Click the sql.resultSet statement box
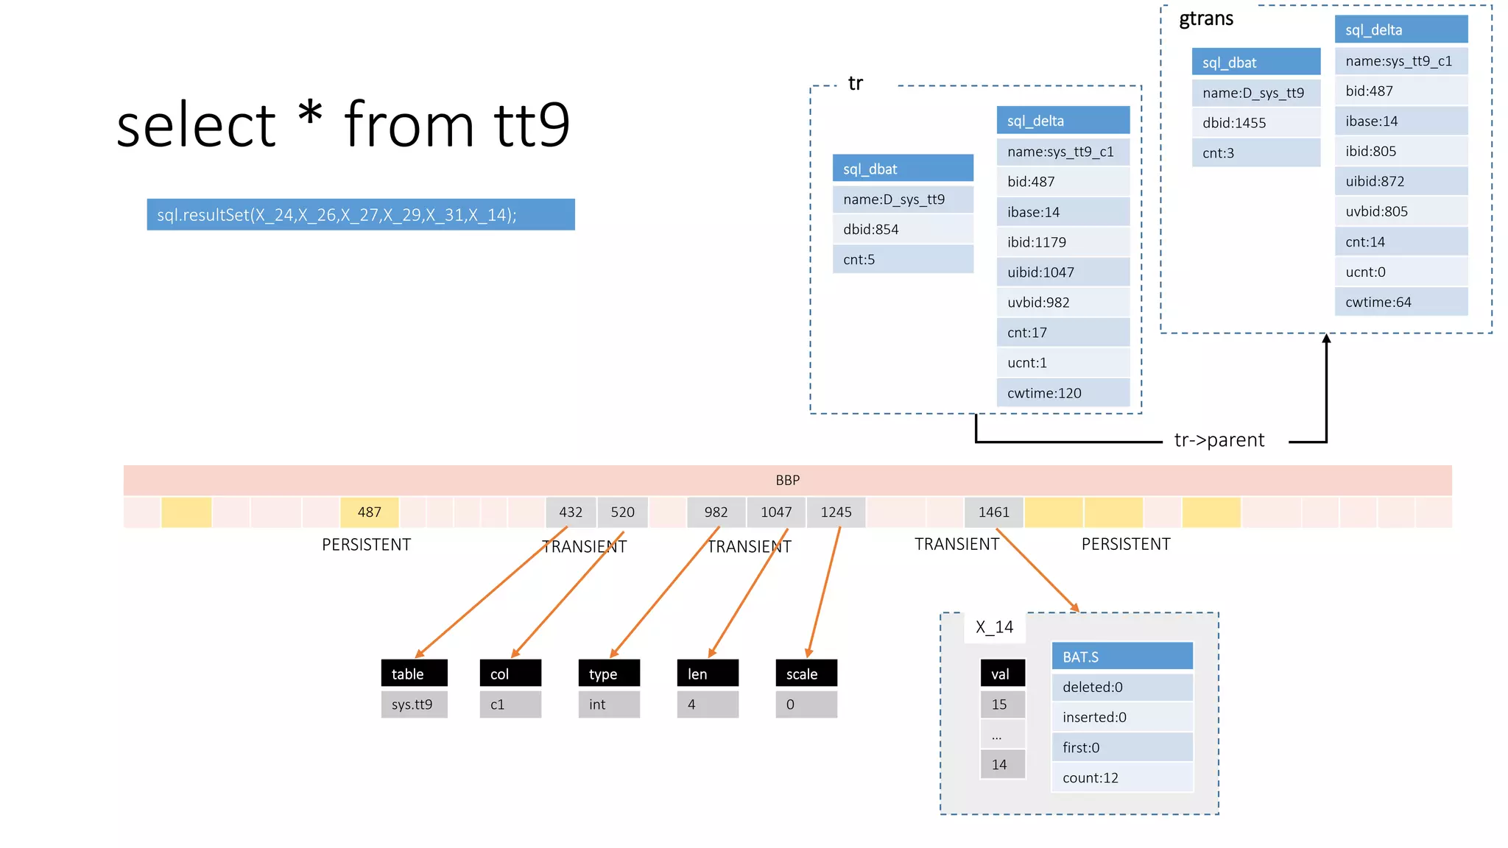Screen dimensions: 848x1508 [x=360, y=215]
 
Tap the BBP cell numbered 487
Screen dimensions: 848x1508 [x=369, y=512]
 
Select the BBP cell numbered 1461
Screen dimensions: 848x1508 [x=993, y=512]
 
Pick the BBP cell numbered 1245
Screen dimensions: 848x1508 [x=836, y=512]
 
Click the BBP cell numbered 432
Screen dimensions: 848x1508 [x=571, y=512]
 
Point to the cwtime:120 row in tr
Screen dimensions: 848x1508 [x=1063, y=393]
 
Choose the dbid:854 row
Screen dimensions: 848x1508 [x=903, y=229]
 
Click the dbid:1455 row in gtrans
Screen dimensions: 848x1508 [x=1255, y=123]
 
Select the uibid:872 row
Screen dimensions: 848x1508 [x=1400, y=181]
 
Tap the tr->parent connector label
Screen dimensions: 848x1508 [x=1219, y=440]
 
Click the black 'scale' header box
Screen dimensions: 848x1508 [x=806, y=674]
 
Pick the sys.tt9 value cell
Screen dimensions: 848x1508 [x=414, y=704]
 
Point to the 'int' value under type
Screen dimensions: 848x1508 [x=609, y=704]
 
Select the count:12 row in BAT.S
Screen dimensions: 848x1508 [x=1122, y=778]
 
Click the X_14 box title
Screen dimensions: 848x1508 [x=994, y=627]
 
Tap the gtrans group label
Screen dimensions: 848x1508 [x=1205, y=19]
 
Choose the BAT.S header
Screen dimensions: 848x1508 [x=1122, y=657]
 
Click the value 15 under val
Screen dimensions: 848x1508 [x=1001, y=704]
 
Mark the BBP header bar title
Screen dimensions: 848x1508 [x=787, y=480]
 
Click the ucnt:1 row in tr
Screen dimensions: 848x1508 [x=1063, y=363]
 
